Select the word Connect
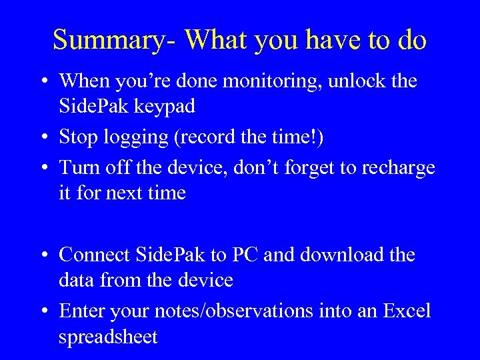[95, 255]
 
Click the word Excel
[407, 311]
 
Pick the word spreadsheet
[108, 337]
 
